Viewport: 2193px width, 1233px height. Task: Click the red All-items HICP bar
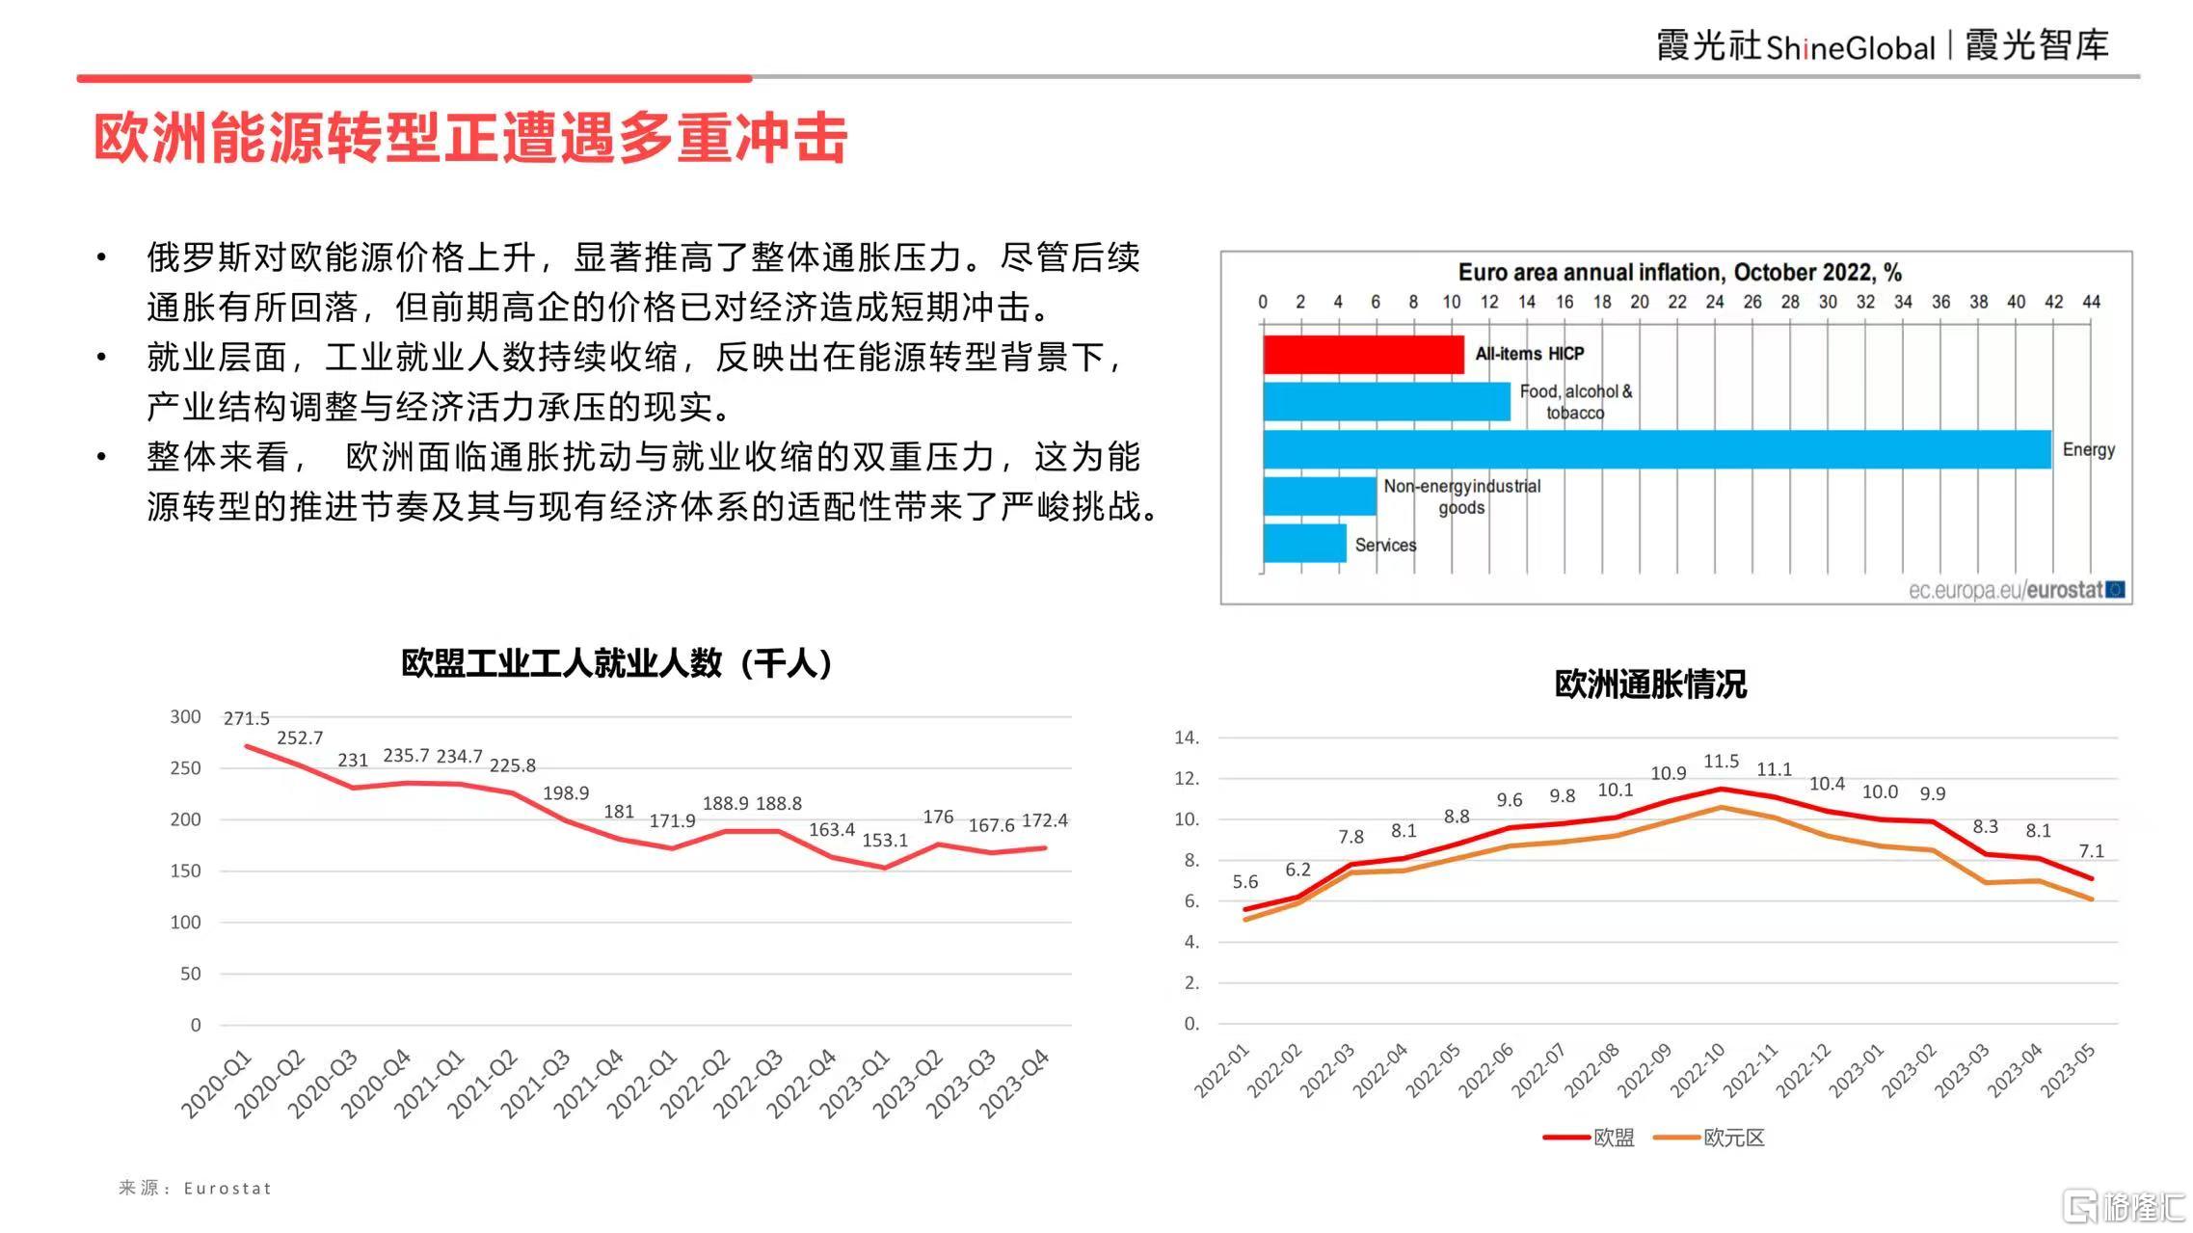click(x=1363, y=355)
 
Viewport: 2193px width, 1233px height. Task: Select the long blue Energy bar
click(x=1657, y=449)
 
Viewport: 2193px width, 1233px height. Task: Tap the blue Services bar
click(x=1304, y=544)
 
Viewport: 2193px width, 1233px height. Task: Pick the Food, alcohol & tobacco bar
click(x=1386, y=402)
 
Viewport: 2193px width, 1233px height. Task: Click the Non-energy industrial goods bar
click(x=1320, y=496)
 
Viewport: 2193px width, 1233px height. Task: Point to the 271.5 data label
click(x=247, y=718)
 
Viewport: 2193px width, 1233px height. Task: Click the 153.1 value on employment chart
click(x=885, y=840)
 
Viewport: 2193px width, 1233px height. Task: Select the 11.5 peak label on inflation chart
click(x=1721, y=762)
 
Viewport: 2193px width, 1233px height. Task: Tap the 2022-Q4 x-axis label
click(x=802, y=1084)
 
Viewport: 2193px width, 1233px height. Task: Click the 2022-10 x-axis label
click(x=1698, y=1070)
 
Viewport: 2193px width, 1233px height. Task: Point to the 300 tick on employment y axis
click(x=185, y=716)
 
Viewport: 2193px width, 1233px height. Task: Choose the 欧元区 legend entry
click(x=1709, y=1138)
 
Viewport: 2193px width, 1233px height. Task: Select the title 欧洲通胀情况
click(x=1650, y=684)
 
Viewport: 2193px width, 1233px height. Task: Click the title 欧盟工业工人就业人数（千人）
click(x=617, y=663)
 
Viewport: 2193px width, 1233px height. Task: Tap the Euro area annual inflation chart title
click(x=1679, y=272)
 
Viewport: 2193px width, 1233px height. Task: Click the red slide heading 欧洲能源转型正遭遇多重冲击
click(x=470, y=138)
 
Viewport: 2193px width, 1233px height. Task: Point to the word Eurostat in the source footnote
click(x=227, y=1189)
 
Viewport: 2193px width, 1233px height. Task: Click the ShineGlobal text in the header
click(x=1851, y=47)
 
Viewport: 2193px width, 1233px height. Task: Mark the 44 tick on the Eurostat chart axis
click(x=2091, y=302)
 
